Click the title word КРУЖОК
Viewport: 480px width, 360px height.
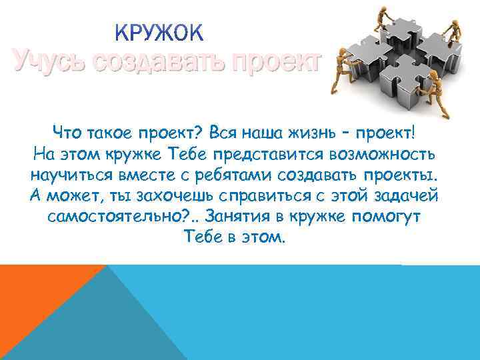coord(161,33)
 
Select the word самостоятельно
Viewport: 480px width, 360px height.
coord(121,219)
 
